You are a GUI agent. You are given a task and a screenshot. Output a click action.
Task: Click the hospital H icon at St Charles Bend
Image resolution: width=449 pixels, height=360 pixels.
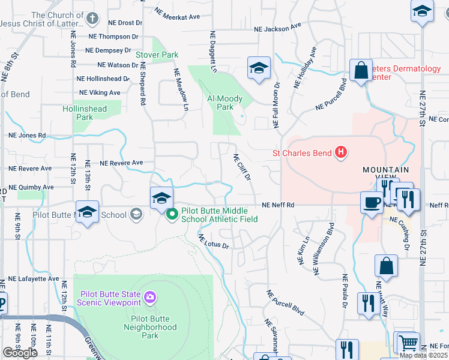(x=341, y=153)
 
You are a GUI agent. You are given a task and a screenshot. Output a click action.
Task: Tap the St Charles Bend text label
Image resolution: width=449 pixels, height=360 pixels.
(x=302, y=153)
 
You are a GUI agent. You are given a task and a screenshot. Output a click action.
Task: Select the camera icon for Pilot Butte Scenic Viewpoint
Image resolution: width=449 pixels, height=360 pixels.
(x=149, y=296)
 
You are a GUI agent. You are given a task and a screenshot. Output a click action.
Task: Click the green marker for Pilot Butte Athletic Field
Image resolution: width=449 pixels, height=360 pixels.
(x=172, y=214)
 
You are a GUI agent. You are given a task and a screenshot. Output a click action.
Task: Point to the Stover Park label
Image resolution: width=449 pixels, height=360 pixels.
(x=157, y=55)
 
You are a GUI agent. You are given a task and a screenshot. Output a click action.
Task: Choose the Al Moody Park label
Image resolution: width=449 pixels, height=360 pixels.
(x=224, y=103)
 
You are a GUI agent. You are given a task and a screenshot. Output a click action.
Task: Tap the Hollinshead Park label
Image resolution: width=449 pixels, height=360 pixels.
(x=84, y=113)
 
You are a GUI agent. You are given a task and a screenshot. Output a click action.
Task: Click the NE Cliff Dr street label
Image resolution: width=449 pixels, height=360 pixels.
(x=241, y=167)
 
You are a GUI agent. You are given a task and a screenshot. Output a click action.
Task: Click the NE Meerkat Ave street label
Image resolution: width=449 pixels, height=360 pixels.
(x=177, y=13)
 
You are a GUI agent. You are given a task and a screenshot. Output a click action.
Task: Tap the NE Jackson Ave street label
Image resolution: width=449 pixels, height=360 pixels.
(x=277, y=28)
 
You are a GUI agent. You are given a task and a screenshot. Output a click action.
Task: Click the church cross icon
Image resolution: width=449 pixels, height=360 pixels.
(x=92, y=19)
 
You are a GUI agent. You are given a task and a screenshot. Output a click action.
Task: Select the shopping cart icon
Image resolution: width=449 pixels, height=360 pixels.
(x=408, y=343)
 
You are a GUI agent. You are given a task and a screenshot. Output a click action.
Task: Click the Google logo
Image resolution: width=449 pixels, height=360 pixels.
(x=20, y=353)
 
